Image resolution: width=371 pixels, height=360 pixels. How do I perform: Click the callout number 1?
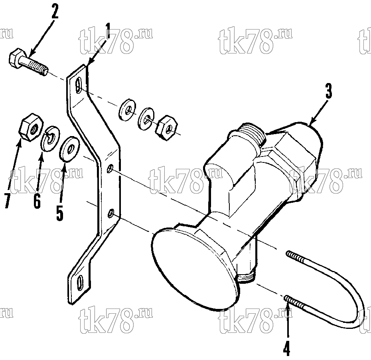tap(108, 31)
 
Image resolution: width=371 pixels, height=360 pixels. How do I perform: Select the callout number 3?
tap(329, 91)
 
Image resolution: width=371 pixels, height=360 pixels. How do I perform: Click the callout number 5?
tap(59, 213)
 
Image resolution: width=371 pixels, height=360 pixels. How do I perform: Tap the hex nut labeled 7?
tap(31, 127)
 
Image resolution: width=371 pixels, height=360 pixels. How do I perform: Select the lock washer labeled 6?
tap(50, 138)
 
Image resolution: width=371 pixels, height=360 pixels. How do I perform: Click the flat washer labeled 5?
tap(69, 149)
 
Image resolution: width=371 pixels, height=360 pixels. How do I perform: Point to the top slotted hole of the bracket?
tap(78, 86)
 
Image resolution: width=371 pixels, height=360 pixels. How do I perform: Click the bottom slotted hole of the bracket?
tap(81, 282)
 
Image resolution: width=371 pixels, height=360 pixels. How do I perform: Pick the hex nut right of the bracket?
tap(166, 128)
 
